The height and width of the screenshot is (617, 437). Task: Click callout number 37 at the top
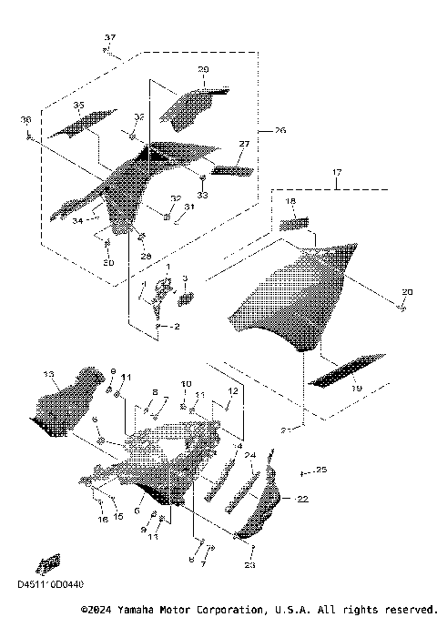pos(110,37)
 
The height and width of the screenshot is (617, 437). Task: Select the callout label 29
pos(202,69)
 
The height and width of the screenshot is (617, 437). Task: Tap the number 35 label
pos(78,106)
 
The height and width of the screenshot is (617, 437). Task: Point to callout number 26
pos(279,131)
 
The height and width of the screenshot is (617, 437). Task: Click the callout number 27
pos(243,145)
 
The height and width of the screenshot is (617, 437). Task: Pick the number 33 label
pos(202,195)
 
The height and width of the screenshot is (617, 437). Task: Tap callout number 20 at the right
pos(407,291)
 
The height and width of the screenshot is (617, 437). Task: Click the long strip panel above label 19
pos(337,371)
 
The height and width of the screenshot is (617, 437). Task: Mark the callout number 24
pos(249,455)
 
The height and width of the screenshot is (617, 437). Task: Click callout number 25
pos(320,470)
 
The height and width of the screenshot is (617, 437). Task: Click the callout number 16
pos(103,519)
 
